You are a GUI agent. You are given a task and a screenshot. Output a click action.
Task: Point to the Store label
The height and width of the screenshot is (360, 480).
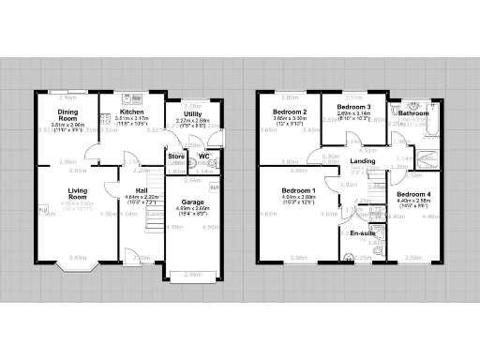tap(175, 156)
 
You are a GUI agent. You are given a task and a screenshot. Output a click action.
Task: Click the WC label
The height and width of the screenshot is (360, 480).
tap(204, 156)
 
